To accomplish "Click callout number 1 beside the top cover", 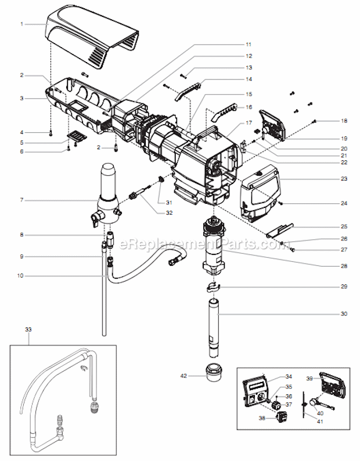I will pyautogui.click(x=21, y=24).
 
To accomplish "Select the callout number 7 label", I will pyautogui.click(x=21, y=200).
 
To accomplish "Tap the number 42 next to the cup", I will pyautogui.click(x=183, y=376).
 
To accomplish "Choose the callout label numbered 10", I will pyautogui.click(x=21, y=275).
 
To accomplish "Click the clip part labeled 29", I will pyautogui.click(x=214, y=287).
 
